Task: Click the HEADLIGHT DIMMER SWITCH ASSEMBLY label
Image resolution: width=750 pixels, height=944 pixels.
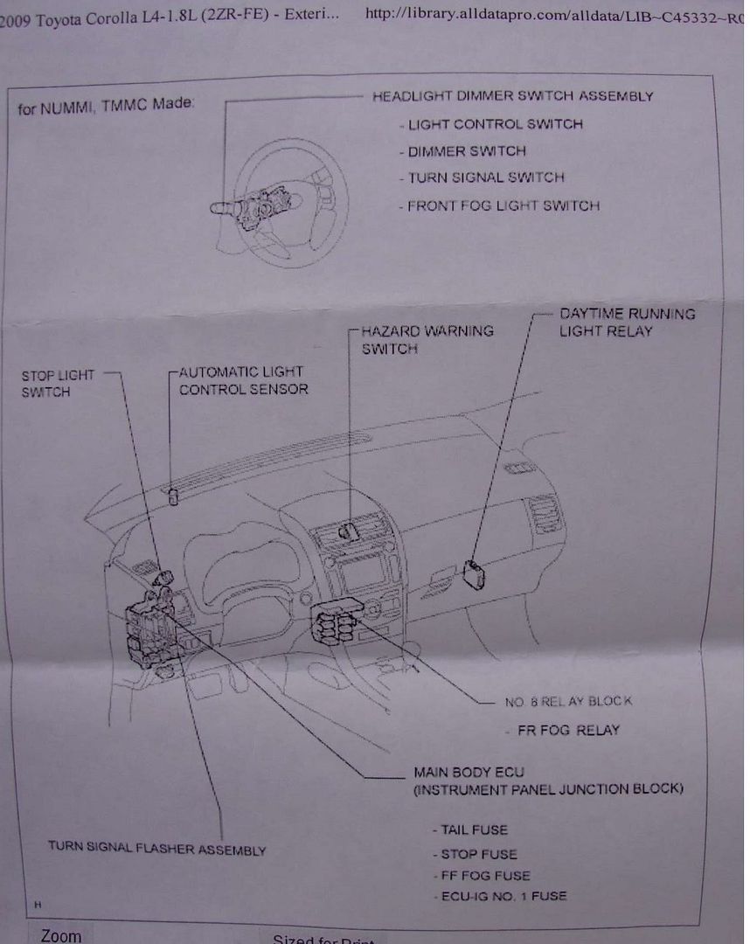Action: pos(512,96)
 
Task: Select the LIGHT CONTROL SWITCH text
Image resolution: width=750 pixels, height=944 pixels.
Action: pos(494,124)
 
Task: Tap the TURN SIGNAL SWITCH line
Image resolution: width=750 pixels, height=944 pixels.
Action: pos(485,177)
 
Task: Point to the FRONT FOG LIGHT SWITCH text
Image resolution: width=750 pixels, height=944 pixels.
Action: pos(503,206)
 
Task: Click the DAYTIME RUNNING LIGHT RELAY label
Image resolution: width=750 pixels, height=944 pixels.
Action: pos(627,322)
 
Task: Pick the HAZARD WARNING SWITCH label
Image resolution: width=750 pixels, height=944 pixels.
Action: pos(427,339)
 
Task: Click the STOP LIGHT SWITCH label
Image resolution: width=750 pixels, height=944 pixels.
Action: pos(58,383)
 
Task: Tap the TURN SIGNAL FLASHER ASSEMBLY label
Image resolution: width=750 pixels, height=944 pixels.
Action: pos(156,849)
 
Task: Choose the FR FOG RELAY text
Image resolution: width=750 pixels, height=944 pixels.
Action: pos(567,730)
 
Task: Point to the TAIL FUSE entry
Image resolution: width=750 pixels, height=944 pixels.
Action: pos(474,829)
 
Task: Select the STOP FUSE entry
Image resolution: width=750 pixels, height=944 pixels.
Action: pos(478,854)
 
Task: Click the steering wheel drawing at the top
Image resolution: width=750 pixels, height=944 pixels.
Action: pos(280,201)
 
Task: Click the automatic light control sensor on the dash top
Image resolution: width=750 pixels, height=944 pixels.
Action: pos(173,496)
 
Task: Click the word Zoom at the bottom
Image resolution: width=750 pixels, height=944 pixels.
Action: pos(60,935)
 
